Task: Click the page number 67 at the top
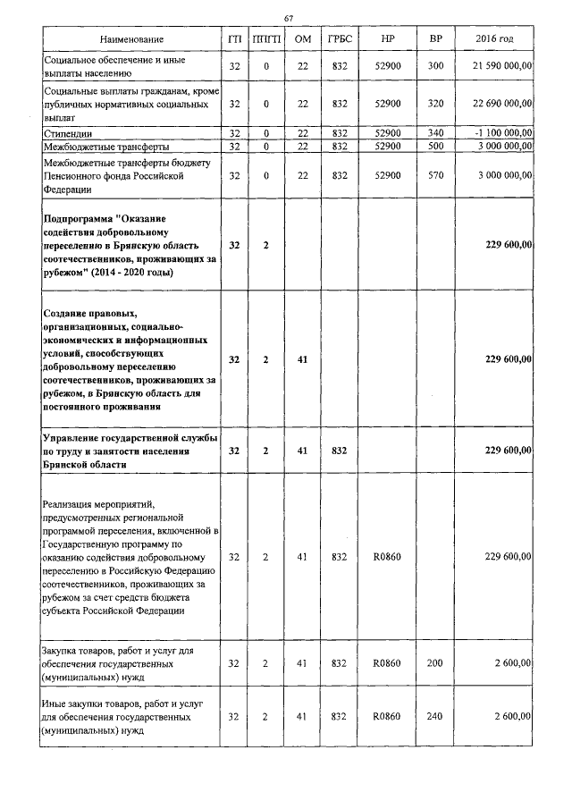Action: [288, 19]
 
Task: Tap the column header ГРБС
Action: [339, 40]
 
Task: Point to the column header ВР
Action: [435, 40]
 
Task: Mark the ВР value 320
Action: [435, 104]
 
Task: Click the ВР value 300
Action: [435, 66]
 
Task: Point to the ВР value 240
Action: [435, 717]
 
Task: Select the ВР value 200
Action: [435, 662]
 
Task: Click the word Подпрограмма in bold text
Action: [80, 219]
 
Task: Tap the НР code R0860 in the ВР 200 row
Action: [387, 662]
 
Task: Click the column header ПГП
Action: [265, 40]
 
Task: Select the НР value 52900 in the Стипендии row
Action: [387, 133]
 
